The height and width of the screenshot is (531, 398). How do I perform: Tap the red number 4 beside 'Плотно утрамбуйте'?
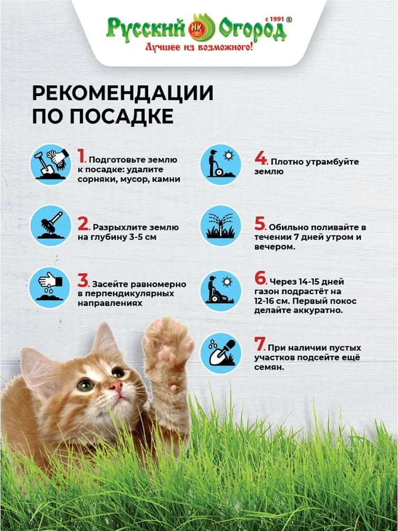pyautogui.click(x=261, y=158)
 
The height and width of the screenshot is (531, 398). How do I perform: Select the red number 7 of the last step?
pyautogui.click(x=260, y=344)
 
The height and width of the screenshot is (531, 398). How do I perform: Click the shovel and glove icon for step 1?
pyautogui.click(x=50, y=164)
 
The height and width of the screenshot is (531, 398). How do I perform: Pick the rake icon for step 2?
pyautogui.click(x=50, y=226)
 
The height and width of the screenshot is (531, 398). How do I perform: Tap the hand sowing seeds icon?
pyautogui.click(x=50, y=287)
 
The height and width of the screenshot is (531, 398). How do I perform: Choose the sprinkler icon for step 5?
pyautogui.click(x=221, y=226)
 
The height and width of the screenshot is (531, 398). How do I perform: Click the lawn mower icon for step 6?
pyautogui.click(x=221, y=290)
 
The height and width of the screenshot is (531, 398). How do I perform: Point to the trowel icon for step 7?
pyautogui.click(x=221, y=353)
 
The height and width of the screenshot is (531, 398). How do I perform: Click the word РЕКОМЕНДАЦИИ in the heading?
pyautogui.click(x=123, y=93)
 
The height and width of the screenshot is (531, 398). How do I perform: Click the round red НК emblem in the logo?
pyautogui.click(x=197, y=28)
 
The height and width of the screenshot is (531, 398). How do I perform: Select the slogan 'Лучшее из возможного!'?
pyautogui.click(x=199, y=47)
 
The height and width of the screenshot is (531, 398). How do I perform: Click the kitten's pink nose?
pyautogui.click(x=116, y=387)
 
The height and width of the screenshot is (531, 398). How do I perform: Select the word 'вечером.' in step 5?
pyautogui.click(x=275, y=247)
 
